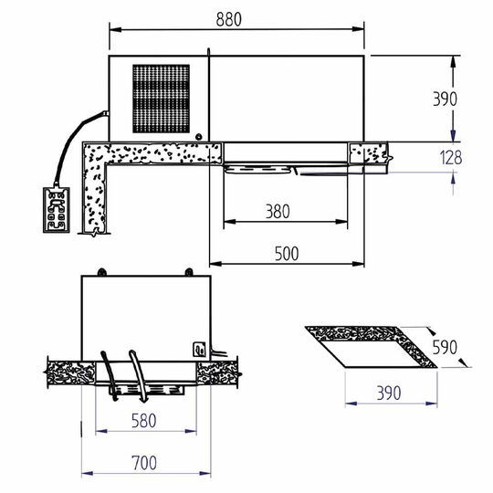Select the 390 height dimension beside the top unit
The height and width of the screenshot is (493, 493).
446,98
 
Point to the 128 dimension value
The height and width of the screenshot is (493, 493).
449,157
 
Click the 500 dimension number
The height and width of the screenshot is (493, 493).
286,255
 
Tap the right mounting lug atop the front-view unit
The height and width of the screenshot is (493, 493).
188,273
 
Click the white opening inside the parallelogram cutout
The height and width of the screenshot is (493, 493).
370,351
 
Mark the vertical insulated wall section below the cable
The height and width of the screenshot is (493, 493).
96,196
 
